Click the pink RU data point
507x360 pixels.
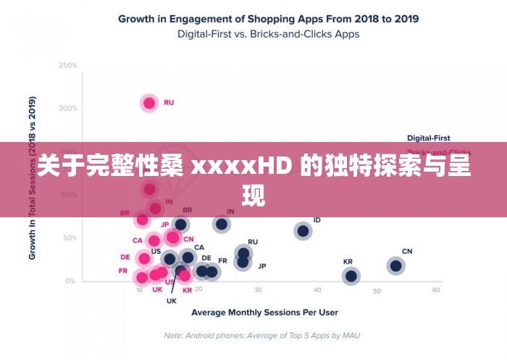coord(149,103)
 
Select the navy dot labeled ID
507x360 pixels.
coord(303,231)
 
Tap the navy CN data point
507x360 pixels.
coord(395,266)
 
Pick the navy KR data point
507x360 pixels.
coord(351,275)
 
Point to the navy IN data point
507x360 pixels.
coord(222,224)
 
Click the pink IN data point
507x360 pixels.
coord(155,209)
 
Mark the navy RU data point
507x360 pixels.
coord(243,254)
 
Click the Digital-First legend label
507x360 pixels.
coord(428,138)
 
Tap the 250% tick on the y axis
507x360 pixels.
coord(68,65)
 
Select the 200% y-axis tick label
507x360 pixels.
coord(68,109)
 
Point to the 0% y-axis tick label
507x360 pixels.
coord(71,281)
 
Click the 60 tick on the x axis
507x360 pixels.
coord(436,290)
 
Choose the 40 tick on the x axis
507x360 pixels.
coord(317,290)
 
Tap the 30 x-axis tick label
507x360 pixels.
coord(258,290)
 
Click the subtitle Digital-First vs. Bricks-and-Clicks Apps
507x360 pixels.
coord(268,33)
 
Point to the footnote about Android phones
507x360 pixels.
coord(261,335)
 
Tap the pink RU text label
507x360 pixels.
coord(169,103)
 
